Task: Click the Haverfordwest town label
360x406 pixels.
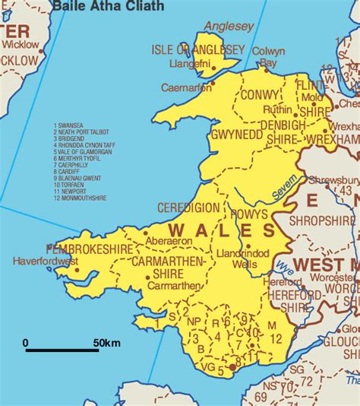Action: click(45, 262)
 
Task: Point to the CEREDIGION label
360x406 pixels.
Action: click(188, 208)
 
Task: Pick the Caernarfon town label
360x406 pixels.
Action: click(187, 87)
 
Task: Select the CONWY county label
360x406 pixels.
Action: click(261, 96)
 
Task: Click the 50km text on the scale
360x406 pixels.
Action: click(106, 344)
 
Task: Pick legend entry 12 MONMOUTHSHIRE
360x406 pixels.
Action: click(80, 198)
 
